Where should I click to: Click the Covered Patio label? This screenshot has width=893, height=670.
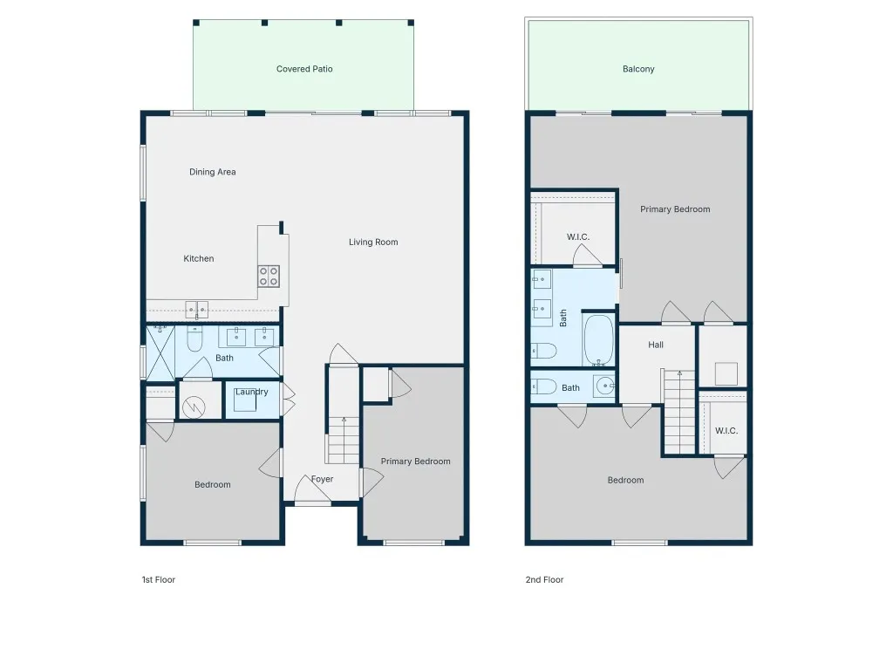coord(304,69)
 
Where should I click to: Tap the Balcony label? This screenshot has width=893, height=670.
coord(637,69)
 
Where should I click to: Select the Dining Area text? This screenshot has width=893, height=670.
coord(213,172)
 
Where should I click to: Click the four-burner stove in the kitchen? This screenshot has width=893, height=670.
coord(269,277)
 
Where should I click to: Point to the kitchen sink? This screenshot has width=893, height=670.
coord(196,310)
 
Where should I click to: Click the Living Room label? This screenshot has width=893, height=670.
coord(373,243)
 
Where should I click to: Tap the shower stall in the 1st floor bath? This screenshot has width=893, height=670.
coord(160,352)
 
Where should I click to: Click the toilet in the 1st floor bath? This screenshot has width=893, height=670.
coord(194,338)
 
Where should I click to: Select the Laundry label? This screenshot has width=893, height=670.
coord(252,392)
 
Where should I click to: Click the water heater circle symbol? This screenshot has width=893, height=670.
coord(194,407)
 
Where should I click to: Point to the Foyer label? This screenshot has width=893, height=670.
coord(323,479)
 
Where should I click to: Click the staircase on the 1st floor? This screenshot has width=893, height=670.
coord(344,440)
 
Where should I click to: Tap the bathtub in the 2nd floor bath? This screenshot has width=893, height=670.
coord(598,340)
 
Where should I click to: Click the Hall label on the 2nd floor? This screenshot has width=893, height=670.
coord(656,345)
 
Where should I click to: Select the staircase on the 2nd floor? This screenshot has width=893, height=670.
coord(679,412)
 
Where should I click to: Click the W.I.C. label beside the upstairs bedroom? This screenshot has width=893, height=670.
coord(726,431)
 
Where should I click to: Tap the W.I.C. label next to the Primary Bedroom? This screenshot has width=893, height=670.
coord(578,237)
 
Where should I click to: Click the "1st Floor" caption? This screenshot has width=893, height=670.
coord(159,580)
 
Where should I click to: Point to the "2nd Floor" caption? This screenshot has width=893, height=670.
coord(544,580)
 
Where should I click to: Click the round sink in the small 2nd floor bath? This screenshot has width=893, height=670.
coord(605,386)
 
